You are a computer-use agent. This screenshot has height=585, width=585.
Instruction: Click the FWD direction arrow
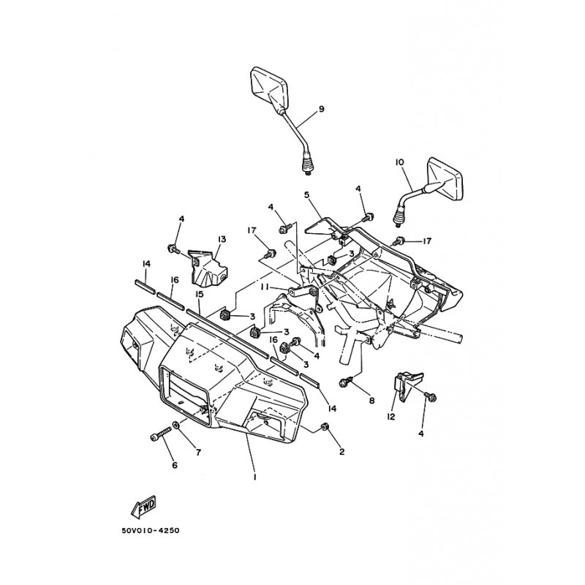(x=143, y=507)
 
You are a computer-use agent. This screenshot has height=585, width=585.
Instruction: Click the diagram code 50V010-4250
(x=151, y=530)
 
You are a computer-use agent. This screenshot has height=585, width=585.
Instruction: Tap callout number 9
(x=321, y=109)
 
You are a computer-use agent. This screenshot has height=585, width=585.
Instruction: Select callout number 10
(x=399, y=162)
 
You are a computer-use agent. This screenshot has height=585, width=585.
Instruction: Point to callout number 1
(x=254, y=477)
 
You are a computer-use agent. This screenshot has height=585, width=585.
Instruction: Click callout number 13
(x=222, y=239)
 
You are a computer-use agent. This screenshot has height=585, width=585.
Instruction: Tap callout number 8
(x=371, y=401)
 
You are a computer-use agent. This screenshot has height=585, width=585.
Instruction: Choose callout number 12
(x=390, y=417)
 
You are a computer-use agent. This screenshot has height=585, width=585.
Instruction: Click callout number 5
(x=307, y=195)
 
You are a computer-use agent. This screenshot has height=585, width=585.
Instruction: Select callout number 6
(x=175, y=465)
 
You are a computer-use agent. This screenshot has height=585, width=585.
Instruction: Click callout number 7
(x=198, y=452)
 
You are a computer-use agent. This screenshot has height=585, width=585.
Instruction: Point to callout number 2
(x=341, y=451)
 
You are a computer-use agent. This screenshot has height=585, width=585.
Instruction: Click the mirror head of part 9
(x=268, y=86)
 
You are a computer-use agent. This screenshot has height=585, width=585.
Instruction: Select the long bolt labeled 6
(x=161, y=435)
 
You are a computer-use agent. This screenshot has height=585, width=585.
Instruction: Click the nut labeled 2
(x=325, y=426)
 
